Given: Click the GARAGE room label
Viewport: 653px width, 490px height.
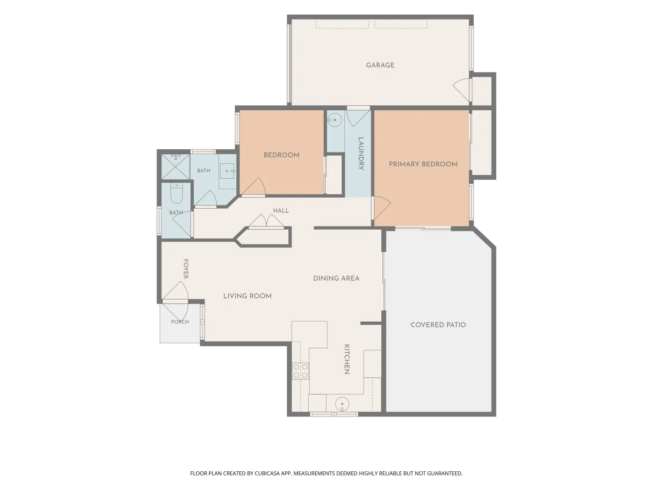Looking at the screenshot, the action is pos(380,65).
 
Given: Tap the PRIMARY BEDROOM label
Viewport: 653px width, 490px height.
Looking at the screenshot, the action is pos(423,164).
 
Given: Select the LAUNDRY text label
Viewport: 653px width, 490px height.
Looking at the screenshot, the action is pos(361,153).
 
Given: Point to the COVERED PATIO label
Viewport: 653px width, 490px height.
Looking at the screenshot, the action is pos(438,324).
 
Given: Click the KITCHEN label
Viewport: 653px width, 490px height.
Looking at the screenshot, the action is pos(346,359).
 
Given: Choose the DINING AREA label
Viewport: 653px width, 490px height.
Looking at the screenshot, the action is pos(336,278).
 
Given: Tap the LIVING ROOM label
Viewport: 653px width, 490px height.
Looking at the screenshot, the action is pos(247,296).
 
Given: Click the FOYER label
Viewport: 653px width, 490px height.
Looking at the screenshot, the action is pos(185,269).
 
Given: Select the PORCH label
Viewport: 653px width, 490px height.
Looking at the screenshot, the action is pos(180,322).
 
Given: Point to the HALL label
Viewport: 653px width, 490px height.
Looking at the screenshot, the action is pos(281,211).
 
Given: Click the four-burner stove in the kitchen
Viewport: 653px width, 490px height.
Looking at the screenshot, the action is pos(300,371).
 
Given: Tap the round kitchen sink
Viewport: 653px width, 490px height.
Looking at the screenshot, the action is pos(342,404).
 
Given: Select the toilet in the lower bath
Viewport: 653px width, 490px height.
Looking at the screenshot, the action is pos(176,193).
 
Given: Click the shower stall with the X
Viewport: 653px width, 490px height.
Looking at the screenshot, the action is pos(175,167).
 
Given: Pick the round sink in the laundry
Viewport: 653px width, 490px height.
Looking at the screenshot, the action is pos(335,120).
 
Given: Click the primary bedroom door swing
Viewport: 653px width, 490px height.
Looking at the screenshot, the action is pos(382,208).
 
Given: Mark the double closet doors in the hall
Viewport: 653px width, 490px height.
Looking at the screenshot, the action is pos(266,221).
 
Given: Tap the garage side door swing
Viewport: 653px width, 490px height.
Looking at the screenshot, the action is pos(462,89).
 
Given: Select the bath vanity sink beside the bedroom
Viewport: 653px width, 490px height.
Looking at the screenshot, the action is pos(228,171).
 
